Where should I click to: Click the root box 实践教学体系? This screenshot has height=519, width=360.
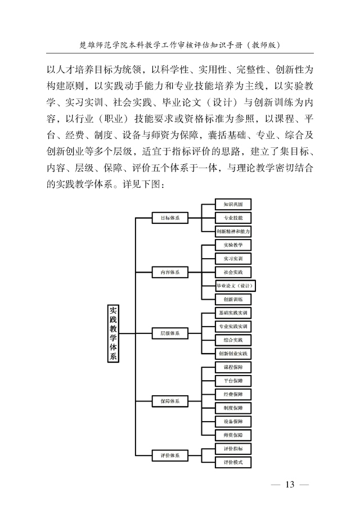(x=113, y=333)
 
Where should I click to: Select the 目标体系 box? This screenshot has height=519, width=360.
(x=170, y=218)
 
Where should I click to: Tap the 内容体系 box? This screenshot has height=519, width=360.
(x=170, y=272)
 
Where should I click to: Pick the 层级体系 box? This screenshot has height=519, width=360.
(x=170, y=333)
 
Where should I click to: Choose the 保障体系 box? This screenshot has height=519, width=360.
(x=170, y=401)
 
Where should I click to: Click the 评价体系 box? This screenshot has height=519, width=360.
(x=170, y=455)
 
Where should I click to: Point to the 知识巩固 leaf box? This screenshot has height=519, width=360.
(x=233, y=204)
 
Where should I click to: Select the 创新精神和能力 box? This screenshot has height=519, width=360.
(x=233, y=231)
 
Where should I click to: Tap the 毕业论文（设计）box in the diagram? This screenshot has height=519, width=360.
(x=235, y=286)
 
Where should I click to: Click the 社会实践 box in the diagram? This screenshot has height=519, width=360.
(x=233, y=272)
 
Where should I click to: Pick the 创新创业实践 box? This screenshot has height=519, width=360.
(x=233, y=354)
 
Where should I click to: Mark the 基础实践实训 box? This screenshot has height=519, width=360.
(x=233, y=313)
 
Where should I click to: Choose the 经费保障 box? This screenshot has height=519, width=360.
(x=233, y=395)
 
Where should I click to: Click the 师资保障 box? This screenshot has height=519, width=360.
(x=233, y=435)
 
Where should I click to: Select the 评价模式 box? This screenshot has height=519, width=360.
(x=233, y=462)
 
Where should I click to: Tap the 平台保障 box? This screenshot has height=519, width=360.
(x=233, y=381)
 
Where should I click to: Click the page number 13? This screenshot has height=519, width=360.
(x=290, y=485)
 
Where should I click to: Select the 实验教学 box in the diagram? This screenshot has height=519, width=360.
(x=233, y=245)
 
